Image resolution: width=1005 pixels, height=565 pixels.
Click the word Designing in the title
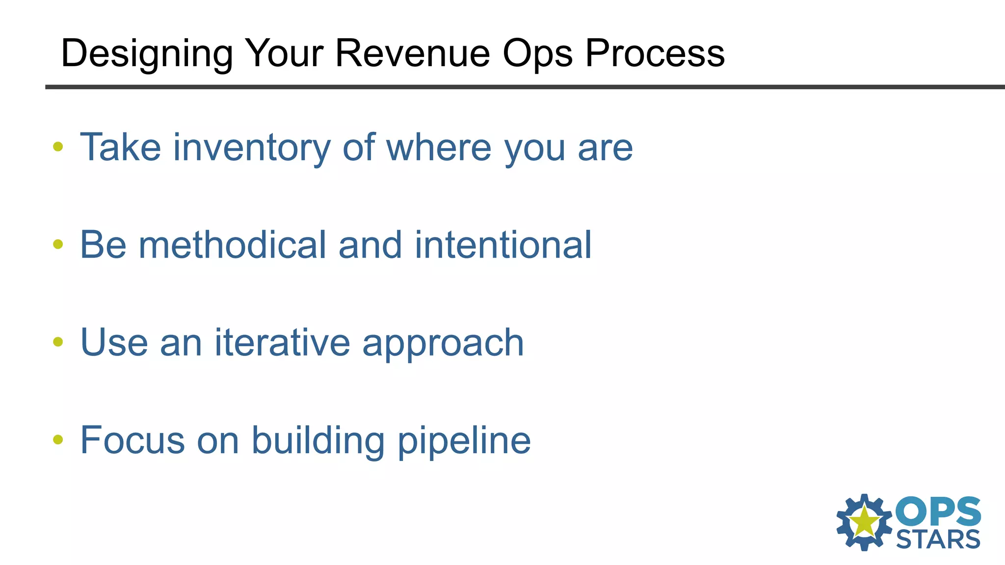pos(147,54)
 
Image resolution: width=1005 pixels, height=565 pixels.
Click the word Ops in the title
pos(537,54)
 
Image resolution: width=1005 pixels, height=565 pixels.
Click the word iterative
pos(282,342)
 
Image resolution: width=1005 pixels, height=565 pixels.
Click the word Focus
pos(132,440)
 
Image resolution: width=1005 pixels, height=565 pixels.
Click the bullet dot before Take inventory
pos(58,146)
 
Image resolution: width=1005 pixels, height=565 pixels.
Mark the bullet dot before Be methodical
pos(58,244)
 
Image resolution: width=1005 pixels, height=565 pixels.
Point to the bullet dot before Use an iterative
pos(58,341)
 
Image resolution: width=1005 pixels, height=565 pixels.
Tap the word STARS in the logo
pos(938,540)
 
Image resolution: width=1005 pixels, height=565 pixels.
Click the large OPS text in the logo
pos(938,512)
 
